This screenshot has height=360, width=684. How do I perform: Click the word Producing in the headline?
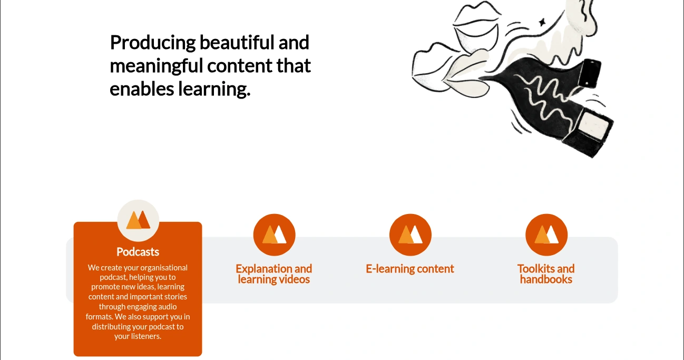pos(153,43)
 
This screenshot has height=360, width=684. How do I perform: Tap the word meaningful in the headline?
pos(157,66)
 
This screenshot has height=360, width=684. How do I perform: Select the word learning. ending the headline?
pos(214,90)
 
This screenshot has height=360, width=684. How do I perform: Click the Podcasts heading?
pos(138,252)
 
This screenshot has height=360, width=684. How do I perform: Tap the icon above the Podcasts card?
pos(138,220)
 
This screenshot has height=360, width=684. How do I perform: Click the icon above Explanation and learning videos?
pos(274,235)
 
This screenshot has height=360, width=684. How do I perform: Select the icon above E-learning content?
pos(411,235)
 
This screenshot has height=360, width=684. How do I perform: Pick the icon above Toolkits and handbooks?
pos(546,235)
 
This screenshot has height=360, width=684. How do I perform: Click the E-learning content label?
pos(410,269)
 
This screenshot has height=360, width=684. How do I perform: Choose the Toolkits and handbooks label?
pos(546,274)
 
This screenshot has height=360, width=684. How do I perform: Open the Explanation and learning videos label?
pos(274,274)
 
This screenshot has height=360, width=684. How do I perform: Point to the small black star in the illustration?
pos(542,22)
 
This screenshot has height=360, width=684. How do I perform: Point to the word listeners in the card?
pos(145,336)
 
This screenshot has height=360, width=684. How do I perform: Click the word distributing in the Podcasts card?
pos(111,327)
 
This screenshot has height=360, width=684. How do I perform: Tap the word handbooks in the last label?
pos(546,279)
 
